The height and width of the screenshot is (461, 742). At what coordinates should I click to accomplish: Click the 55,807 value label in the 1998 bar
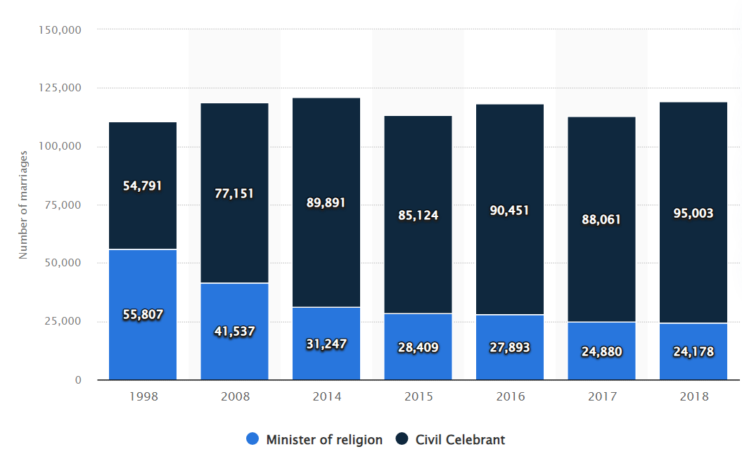[143, 315]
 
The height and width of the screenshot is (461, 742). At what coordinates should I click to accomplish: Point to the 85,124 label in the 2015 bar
[418, 215]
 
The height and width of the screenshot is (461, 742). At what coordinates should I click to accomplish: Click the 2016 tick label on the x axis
[510, 397]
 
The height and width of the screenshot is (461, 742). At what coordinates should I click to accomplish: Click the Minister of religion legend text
[324, 440]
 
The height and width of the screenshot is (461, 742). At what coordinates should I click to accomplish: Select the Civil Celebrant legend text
[460, 440]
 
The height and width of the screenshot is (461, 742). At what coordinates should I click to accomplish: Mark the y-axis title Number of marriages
[23, 204]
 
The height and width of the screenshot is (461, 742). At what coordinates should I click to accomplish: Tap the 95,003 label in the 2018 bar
[693, 214]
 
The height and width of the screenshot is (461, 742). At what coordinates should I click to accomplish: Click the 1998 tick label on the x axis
[143, 397]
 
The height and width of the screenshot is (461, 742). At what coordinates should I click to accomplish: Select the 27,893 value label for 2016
[510, 348]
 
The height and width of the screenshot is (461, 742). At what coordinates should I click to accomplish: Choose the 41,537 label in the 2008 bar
[234, 331]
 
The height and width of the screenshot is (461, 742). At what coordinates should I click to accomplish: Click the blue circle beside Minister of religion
[252, 440]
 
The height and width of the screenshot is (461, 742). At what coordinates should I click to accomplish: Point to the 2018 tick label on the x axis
[693, 397]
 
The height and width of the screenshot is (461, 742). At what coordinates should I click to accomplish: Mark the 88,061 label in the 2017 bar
[601, 220]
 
